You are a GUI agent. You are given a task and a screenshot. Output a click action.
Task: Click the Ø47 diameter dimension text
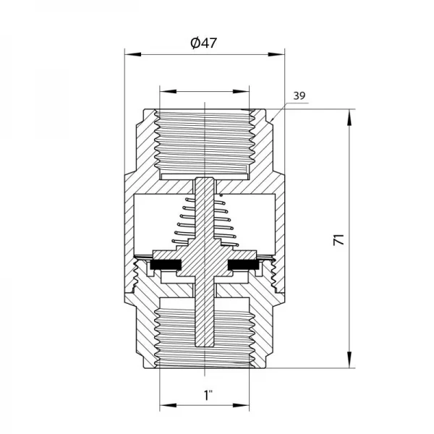203,43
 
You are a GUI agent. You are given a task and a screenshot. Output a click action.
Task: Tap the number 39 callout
300,95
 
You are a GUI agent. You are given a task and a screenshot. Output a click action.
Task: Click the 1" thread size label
208,396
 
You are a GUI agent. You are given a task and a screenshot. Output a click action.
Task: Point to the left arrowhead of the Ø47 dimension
129,53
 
